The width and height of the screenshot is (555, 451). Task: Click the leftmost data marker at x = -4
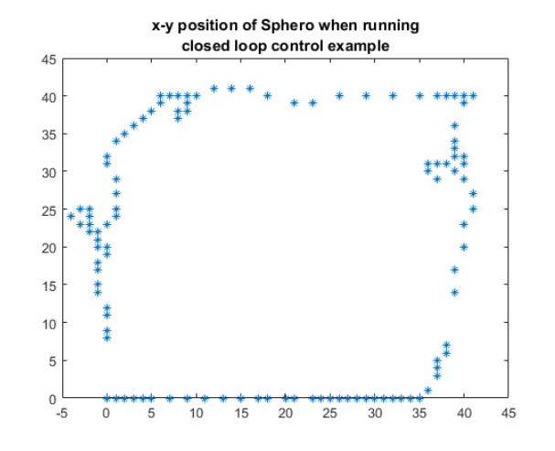coord(71,217)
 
